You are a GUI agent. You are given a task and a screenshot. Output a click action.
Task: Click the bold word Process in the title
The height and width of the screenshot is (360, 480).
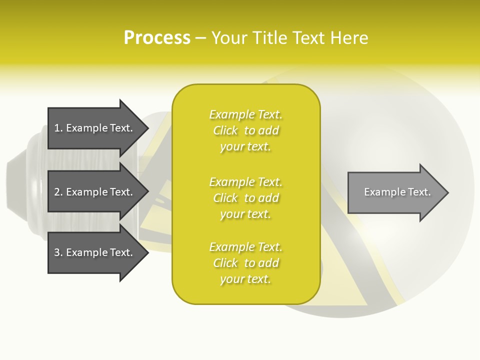[157, 38]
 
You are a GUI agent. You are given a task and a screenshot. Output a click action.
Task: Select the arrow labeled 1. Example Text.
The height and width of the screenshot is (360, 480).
[95, 128]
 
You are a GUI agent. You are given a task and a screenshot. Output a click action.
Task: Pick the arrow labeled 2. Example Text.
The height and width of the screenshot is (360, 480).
[95, 192]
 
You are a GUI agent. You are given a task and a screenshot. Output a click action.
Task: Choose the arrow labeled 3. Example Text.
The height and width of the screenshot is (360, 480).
[95, 252]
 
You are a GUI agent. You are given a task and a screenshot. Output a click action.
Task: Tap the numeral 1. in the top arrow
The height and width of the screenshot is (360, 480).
[58, 128]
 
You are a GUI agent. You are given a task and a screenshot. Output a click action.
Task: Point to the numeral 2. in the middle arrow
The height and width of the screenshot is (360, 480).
[58, 192]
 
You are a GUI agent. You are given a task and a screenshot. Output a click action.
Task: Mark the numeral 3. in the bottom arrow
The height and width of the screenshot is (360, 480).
[58, 253]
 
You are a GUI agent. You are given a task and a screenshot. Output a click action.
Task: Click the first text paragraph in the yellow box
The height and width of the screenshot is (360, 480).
[246, 130]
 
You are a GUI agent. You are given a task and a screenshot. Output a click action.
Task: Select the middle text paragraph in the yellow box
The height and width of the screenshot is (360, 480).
[246, 198]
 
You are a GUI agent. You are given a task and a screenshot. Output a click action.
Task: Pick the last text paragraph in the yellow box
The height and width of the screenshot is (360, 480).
[246, 263]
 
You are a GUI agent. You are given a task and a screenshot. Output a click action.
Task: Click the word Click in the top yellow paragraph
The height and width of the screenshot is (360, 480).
[225, 131]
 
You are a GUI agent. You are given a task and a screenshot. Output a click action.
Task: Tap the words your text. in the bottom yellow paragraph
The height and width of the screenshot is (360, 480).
[245, 279]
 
